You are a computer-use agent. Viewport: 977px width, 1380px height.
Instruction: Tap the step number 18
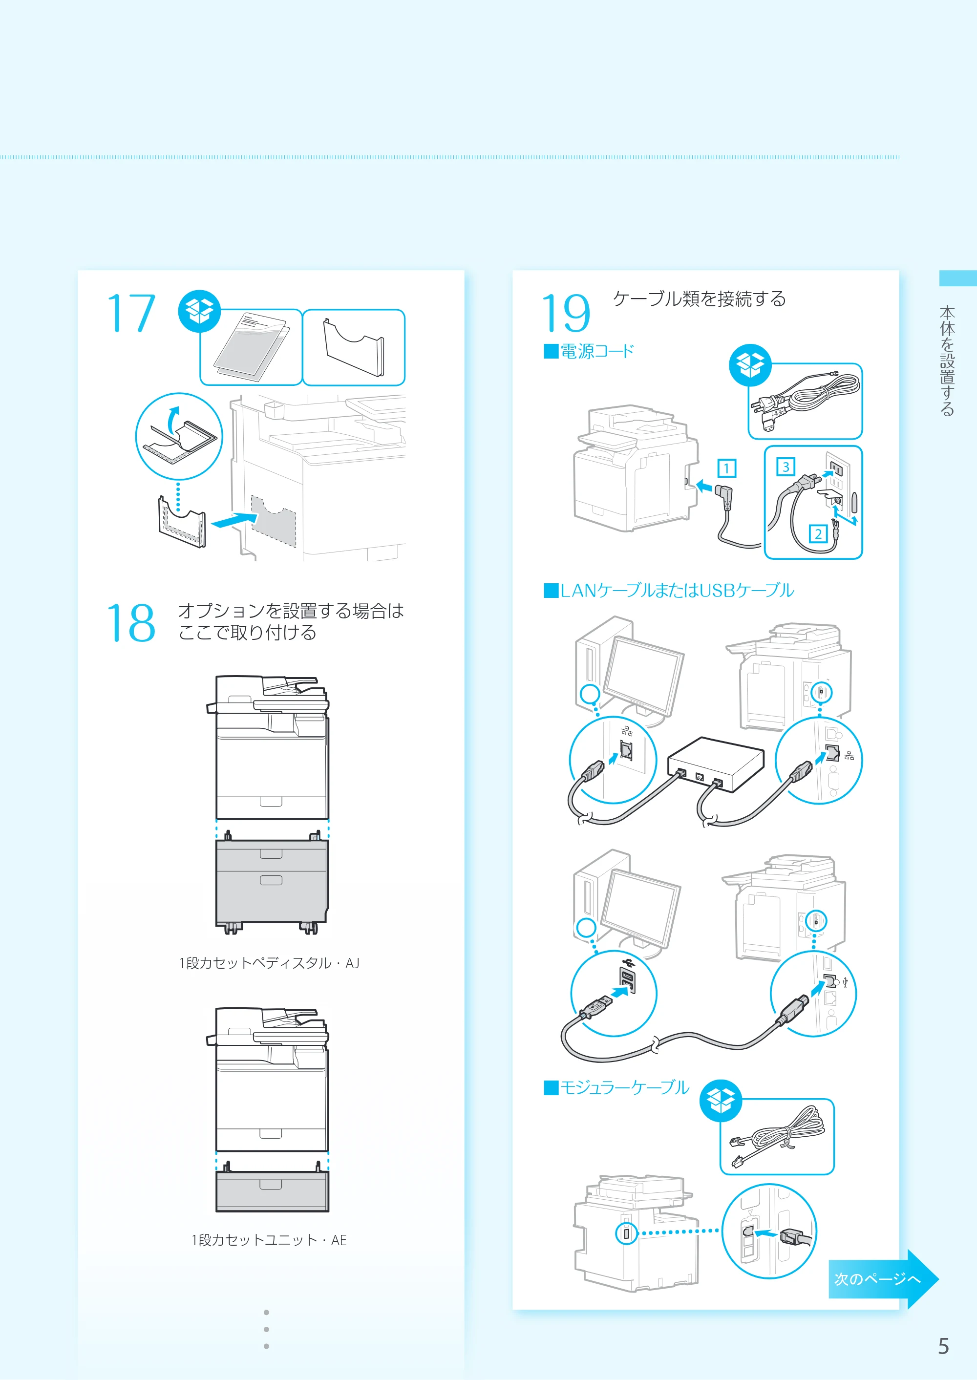[x=131, y=623]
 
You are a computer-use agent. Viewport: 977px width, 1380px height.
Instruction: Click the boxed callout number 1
[x=727, y=468]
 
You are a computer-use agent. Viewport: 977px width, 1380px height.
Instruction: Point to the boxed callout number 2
[x=818, y=533]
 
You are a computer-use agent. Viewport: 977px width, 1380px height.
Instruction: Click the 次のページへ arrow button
[x=883, y=1278]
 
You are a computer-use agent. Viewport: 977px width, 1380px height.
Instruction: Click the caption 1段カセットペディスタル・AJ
[x=269, y=963]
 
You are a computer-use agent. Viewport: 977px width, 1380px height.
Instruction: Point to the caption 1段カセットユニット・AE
[x=269, y=1240]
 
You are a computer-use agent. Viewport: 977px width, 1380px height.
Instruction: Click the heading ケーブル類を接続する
[x=699, y=299]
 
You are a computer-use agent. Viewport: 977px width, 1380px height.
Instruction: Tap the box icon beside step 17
[x=199, y=311]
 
